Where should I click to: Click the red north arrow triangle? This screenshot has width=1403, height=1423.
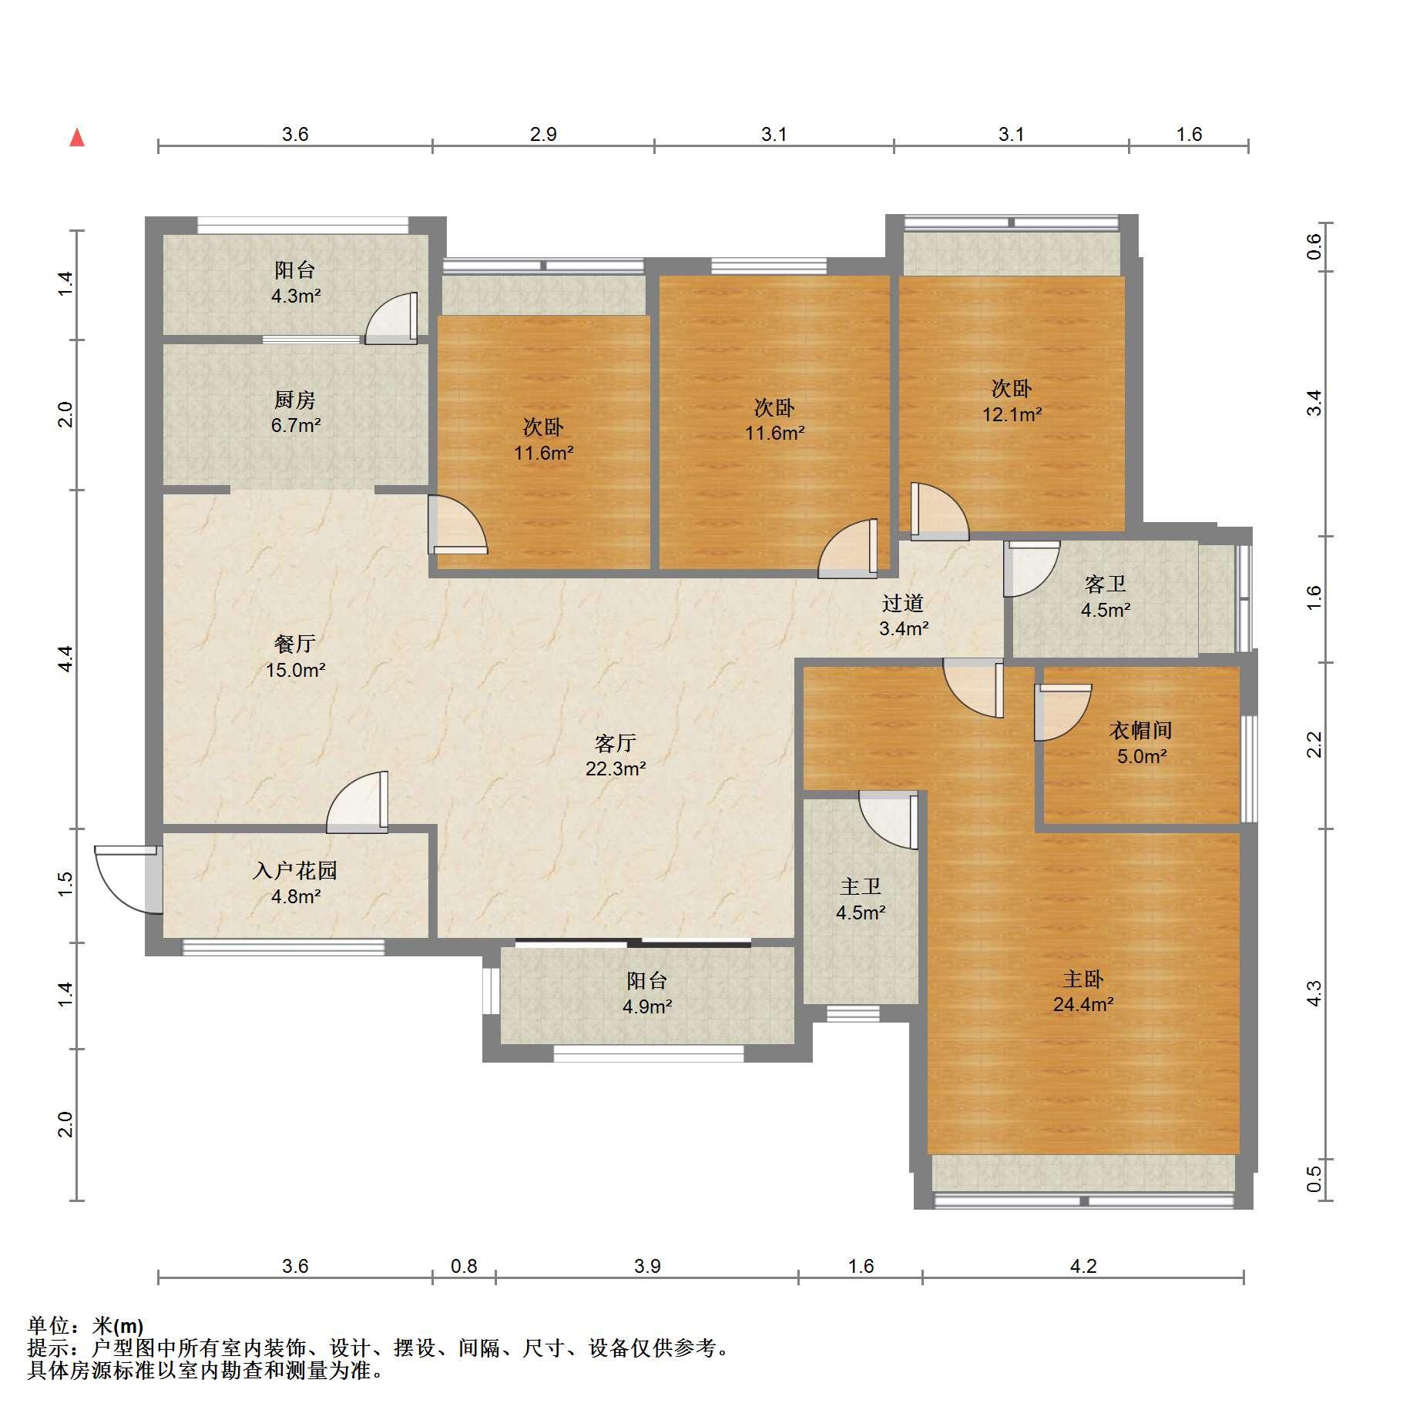[x=77, y=138]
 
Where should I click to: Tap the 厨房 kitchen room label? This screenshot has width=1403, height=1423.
[x=295, y=400]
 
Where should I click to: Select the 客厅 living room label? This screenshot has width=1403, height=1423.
[x=616, y=743]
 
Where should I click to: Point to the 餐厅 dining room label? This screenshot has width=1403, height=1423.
[x=295, y=644]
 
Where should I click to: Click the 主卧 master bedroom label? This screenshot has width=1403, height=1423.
[x=1083, y=979]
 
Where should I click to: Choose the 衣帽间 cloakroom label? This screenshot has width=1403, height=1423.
[x=1141, y=730]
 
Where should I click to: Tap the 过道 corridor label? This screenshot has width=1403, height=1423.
[x=903, y=603]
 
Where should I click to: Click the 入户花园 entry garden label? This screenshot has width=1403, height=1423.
[x=295, y=871]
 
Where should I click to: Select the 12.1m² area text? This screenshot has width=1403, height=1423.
[x=1012, y=414]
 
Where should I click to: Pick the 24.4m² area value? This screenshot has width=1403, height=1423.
[x=1083, y=1004]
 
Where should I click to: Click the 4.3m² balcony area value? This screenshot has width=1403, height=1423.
[x=295, y=295]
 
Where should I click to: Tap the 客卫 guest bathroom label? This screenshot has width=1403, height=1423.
[x=1106, y=584]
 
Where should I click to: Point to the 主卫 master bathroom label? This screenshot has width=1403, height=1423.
[x=861, y=887]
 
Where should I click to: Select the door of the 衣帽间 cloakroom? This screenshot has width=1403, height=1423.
[x=1062, y=713]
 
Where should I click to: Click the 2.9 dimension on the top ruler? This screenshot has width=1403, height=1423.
[x=543, y=134]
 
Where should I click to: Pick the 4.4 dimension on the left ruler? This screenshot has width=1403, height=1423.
[x=65, y=659]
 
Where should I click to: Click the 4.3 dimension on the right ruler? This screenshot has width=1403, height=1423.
[x=1314, y=993]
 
